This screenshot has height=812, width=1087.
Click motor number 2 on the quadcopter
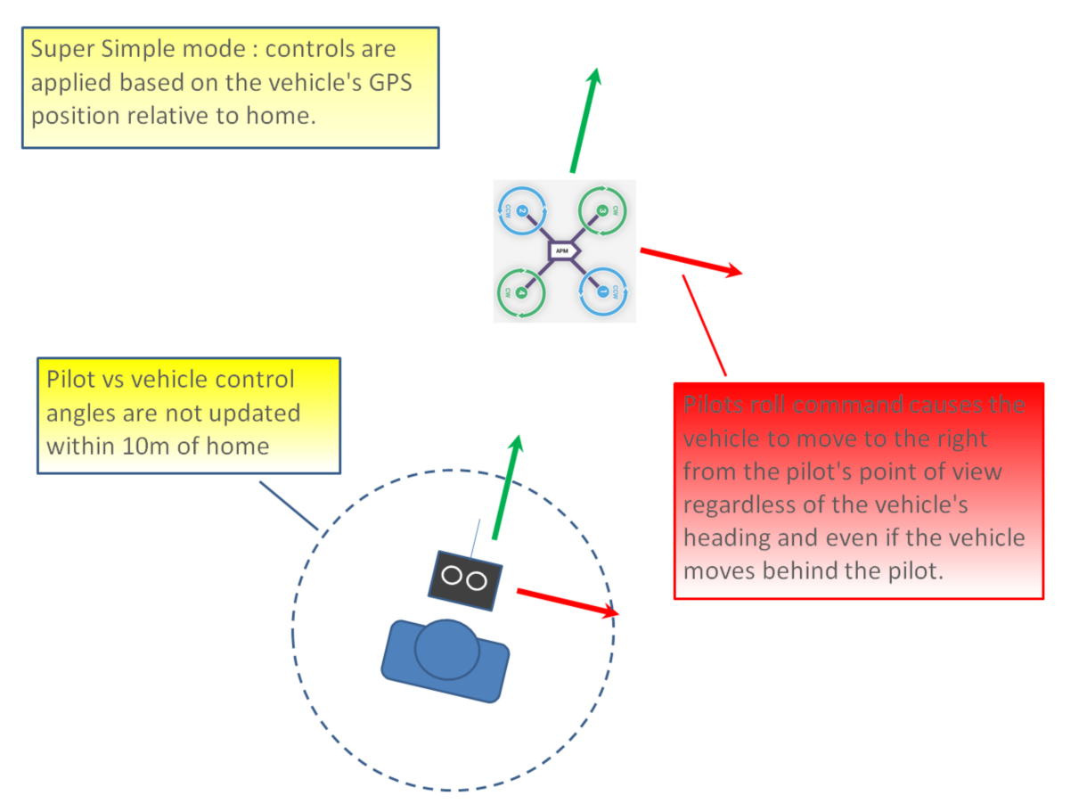point(522,212)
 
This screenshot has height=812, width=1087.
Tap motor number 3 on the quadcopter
point(602,210)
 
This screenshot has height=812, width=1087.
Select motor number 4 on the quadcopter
point(520,291)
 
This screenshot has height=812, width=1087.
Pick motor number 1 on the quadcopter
point(603,291)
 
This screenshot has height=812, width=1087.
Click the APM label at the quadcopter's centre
point(561,251)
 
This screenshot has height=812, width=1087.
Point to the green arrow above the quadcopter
point(584,120)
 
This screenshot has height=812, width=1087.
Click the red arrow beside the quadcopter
point(691,261)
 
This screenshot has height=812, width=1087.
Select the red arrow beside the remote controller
point(567,602)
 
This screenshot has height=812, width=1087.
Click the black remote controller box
point(463,579)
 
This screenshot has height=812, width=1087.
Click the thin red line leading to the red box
point(705,325)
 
